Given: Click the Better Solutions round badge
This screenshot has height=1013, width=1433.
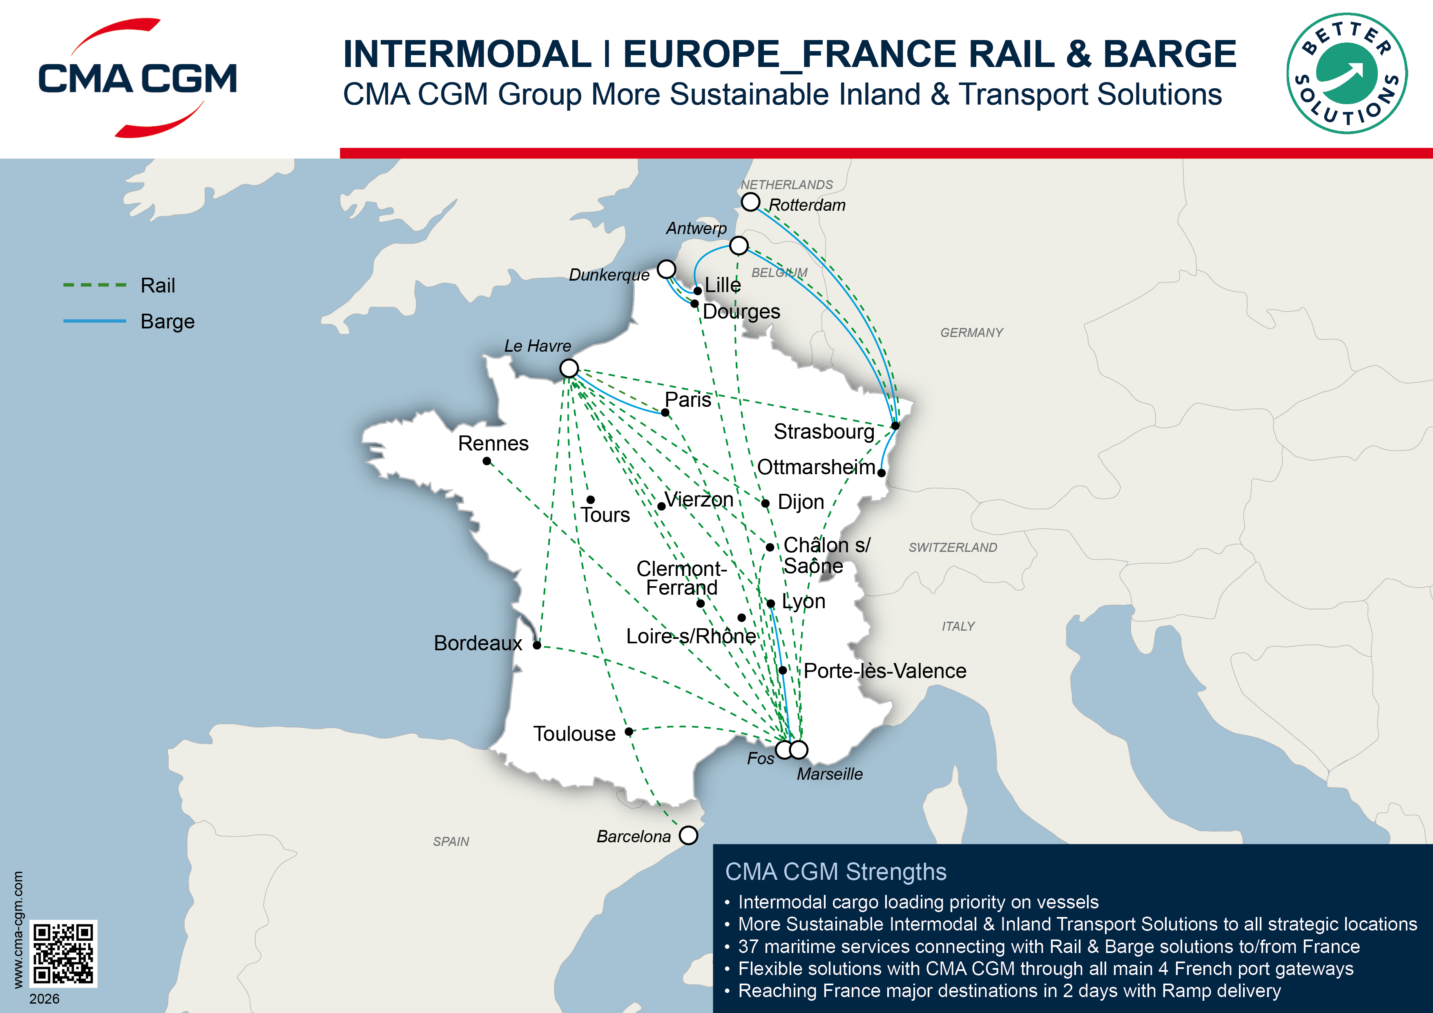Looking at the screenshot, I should tap(1346, 74).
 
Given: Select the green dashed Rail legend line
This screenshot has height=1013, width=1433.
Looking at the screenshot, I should tap(95, 285).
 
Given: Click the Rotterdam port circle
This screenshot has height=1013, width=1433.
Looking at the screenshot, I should tap(750, 202).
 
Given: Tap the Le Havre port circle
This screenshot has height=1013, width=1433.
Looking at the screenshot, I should tap(569, 368).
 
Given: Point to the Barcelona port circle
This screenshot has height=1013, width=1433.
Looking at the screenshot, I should tap(688, 835).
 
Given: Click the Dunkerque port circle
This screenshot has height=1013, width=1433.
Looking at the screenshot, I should tap(667, 269).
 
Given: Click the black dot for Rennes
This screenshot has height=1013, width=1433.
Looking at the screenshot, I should tap(487, 461).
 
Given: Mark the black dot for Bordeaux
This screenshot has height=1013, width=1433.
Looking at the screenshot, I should tap(537, 645).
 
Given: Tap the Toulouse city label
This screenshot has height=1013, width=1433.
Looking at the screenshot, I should tap(574, 733).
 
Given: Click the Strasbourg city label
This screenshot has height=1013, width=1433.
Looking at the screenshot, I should tap(824, 431).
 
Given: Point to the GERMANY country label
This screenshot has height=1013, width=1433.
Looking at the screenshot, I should tap(972, 332).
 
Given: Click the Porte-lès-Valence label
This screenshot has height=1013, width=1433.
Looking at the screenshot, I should tap(884, 671).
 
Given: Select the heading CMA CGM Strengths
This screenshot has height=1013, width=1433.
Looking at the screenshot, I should tap(836, 871).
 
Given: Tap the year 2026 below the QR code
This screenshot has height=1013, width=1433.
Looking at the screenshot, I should tap(44, 999).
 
